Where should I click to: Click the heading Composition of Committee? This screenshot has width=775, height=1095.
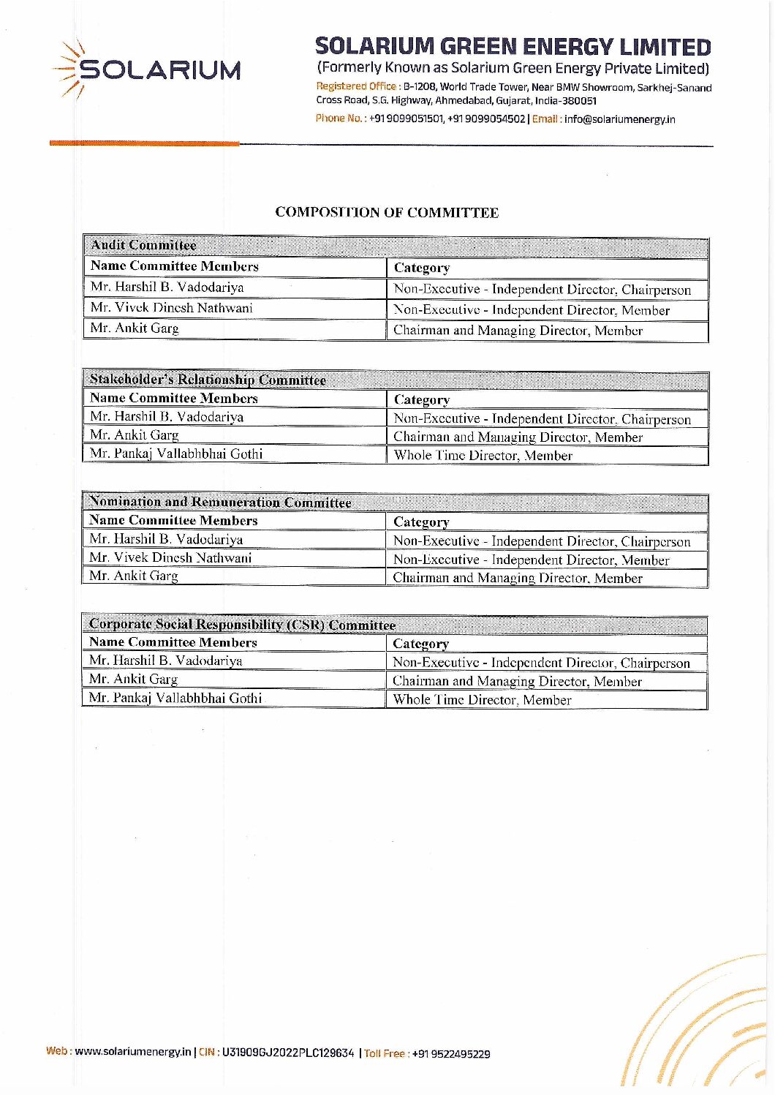pyautogui.click(x=387, y=213)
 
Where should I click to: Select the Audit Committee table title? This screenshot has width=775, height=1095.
pyautogui.click(x=143, y=245)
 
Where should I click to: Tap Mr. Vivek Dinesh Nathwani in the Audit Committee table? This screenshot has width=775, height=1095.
pyautogui.click(x=172, y=308)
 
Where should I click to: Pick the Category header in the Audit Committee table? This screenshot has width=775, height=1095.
pyautogui.click(x=422, y=268)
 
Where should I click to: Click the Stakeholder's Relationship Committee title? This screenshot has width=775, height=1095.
pyautogui.click(x=208, y=380)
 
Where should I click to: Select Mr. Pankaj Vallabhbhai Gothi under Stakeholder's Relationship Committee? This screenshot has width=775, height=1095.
pyautogui.click(x=176, y=454)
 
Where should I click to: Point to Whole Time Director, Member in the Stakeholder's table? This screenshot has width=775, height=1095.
pyautogui.click(x=483, y=456)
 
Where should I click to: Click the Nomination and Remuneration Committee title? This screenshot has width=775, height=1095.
pyautogui.click(x=220, y=503)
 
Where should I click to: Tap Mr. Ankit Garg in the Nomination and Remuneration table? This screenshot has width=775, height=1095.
pyautogui.click(x=134, y=576)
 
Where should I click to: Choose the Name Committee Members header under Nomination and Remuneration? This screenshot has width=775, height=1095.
pyautogui.click(x=173, y=521)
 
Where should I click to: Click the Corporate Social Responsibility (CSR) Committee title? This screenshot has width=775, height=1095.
pyautogui.click(x=242, y=625)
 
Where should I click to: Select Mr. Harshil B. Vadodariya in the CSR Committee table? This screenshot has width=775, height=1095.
pyautogui.click(x=166, y=661)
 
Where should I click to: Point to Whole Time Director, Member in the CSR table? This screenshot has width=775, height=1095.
pyautogui.click(x=482, y=700)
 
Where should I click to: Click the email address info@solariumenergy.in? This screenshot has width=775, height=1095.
pyautogui.click(x=619, y=119)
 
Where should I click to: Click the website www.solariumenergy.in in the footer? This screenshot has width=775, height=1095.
pyautogui.click(x=132, y=1052)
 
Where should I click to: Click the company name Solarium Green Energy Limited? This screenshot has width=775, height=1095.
pyautogui.click(x=513, y=47)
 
